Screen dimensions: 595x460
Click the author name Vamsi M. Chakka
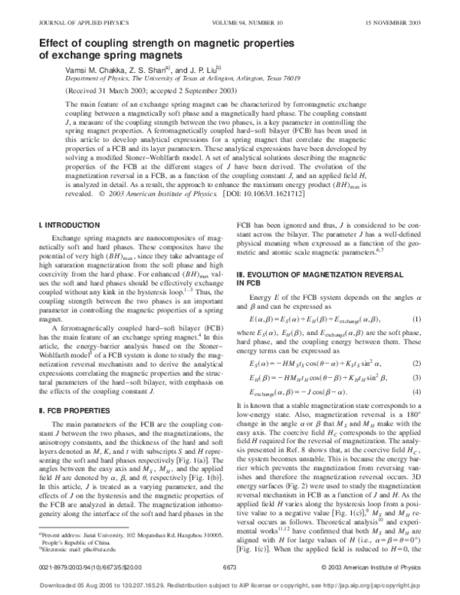tap(99, 68)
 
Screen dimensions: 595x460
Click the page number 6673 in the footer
tap(229, 566)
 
